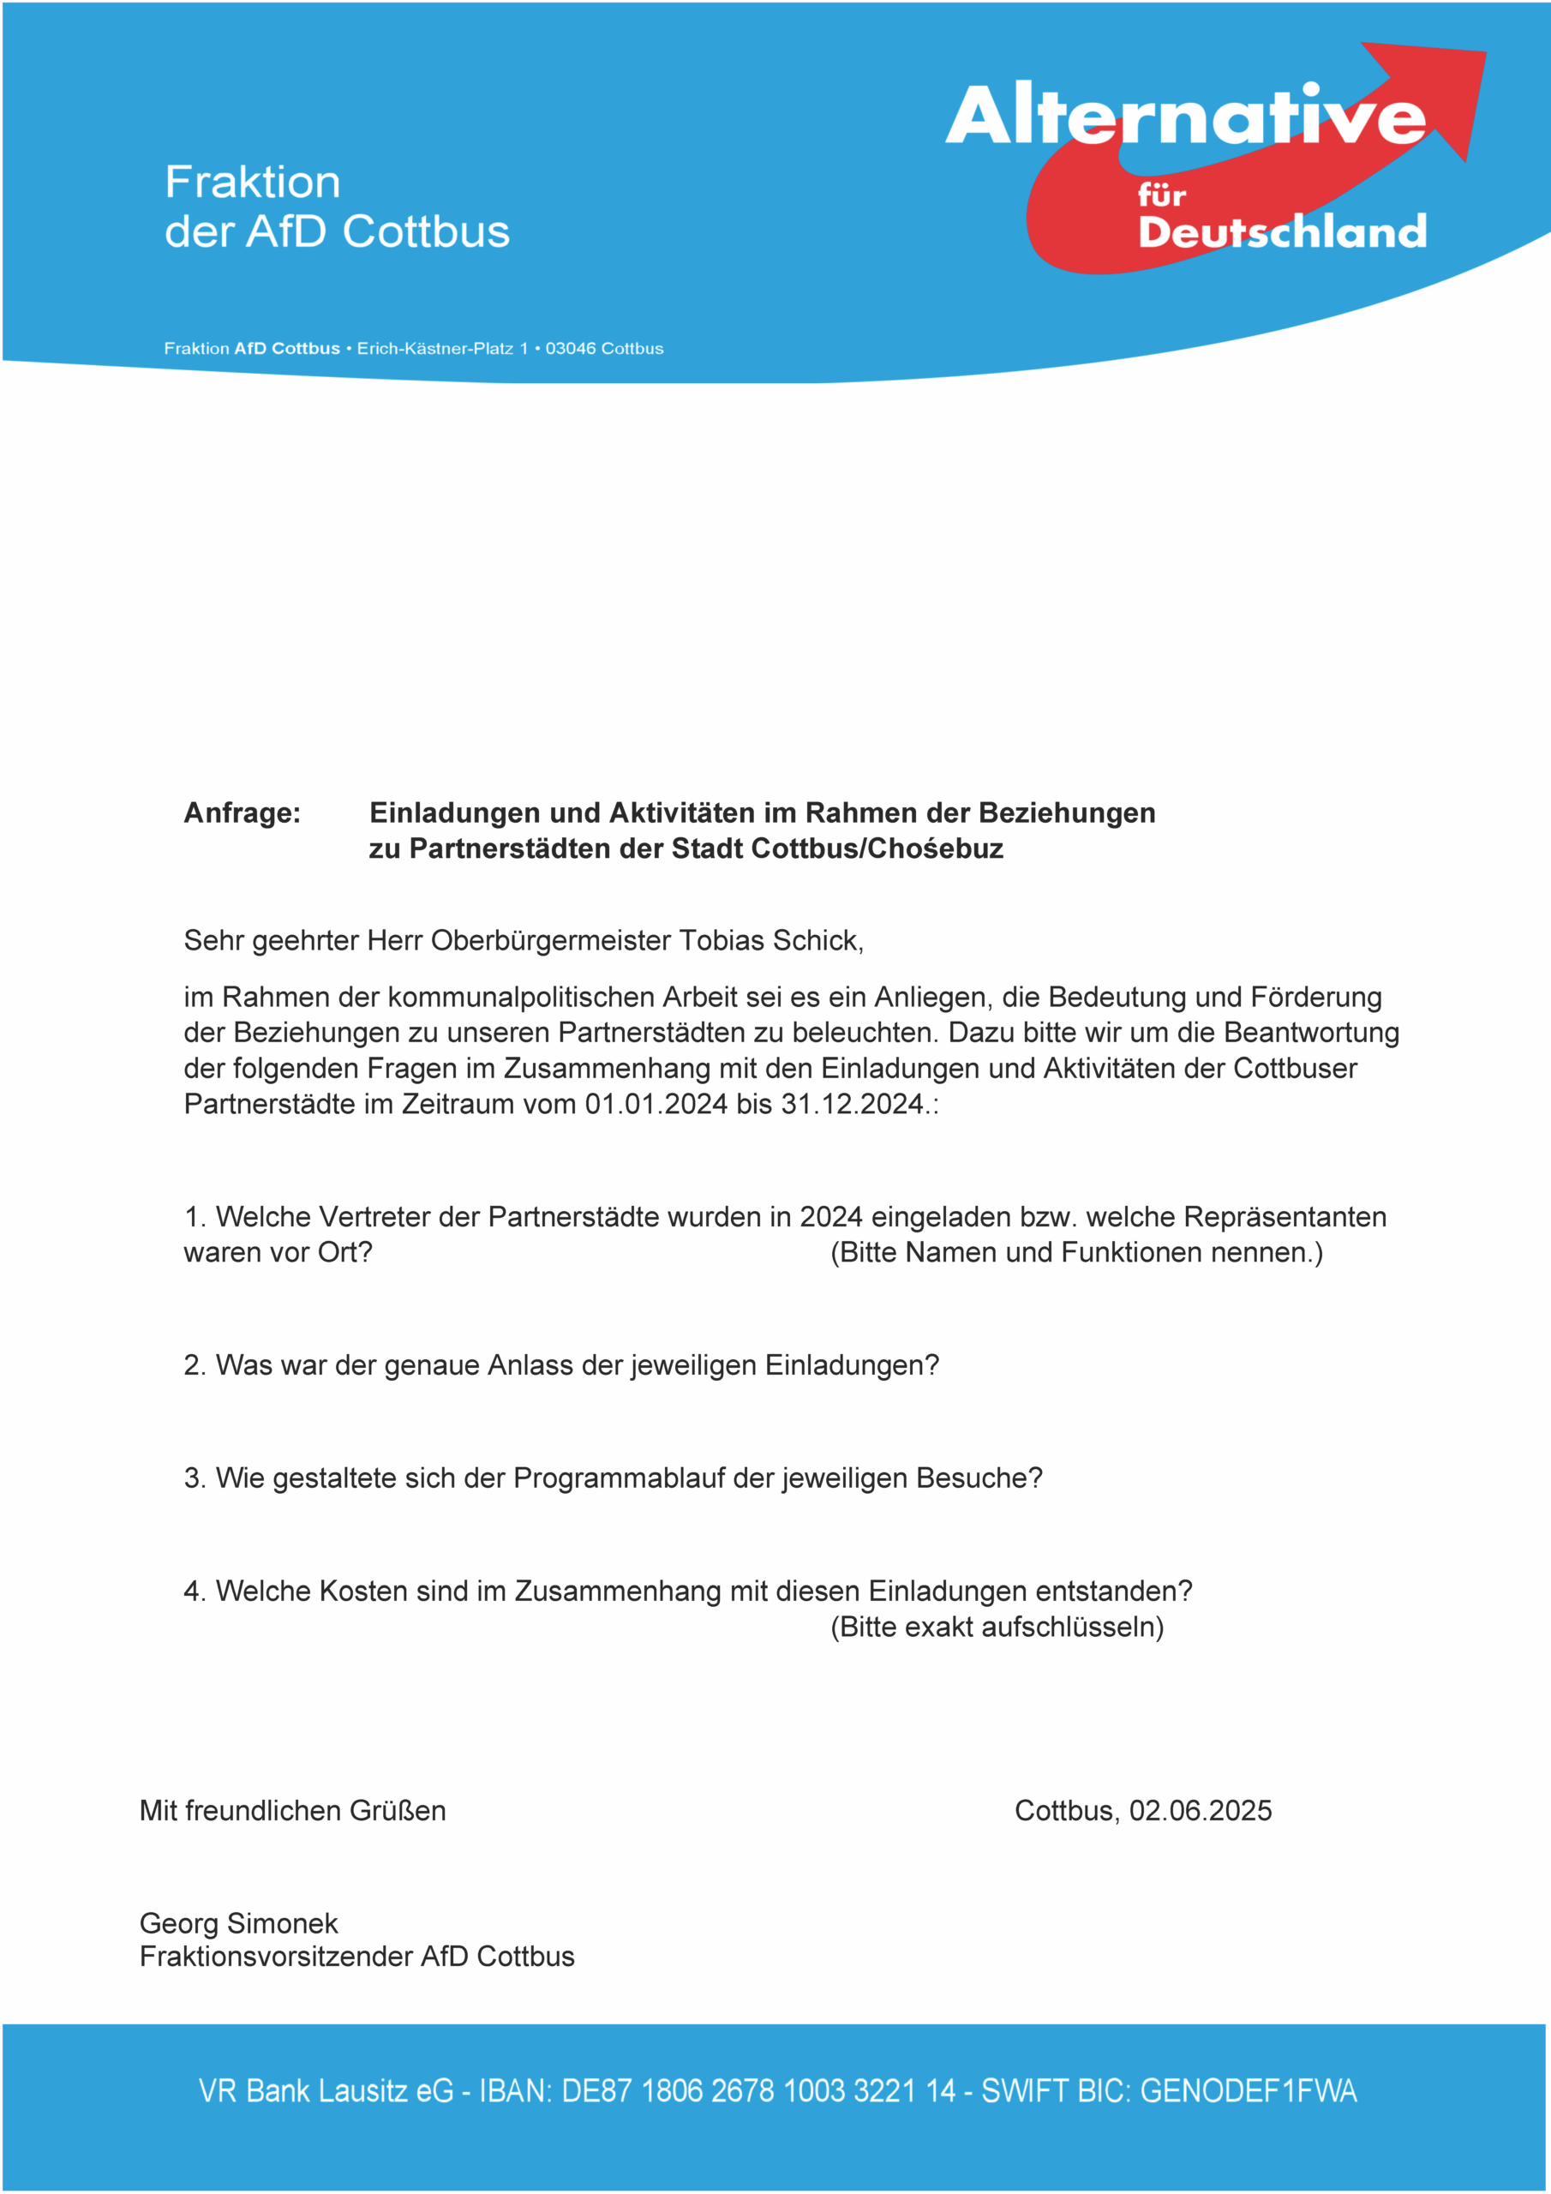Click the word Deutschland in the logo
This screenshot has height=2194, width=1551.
click(x=1282, y=232)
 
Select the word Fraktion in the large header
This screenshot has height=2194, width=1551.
click(x=252, y=183)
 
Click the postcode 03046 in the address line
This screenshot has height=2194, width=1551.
click(x=571, y=349)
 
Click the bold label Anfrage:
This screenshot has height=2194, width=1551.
click(x=242, y=813)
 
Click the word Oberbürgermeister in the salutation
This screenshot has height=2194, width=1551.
click(x=550, y=941)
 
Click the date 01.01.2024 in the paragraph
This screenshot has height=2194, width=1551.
click(x=656, y=1105)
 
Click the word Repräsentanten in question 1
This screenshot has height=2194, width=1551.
click(x=1285, y=1217)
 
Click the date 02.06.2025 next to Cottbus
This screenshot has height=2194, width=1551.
click(x=1201, y=1811)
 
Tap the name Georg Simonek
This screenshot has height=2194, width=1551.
click(x=239, y=1923)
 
